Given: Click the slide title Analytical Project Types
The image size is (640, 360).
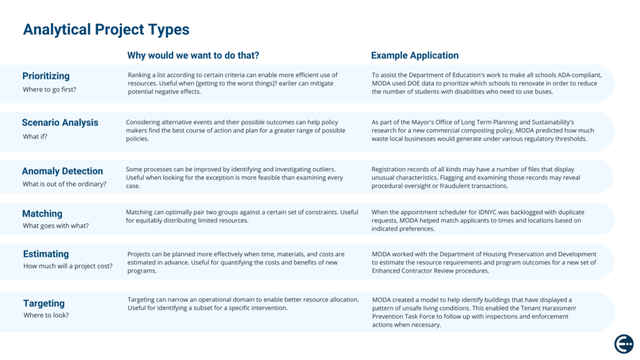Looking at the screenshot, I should click(106, 29).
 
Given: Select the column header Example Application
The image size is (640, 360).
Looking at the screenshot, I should click(414, 56).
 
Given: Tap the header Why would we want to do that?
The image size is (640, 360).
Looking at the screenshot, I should click(193, 56).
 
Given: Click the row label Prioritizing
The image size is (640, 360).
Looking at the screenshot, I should click(46, 76).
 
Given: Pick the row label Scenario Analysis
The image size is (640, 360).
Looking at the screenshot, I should click(60, 122).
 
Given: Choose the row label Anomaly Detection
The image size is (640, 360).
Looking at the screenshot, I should click(62, 171).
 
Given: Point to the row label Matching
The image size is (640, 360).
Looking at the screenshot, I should click(42, 213).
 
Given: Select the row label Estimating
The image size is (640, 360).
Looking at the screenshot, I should click(46, 254).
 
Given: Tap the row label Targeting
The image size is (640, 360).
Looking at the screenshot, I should click(44, 303).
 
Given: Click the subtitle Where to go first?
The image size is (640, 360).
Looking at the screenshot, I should click(49, 89).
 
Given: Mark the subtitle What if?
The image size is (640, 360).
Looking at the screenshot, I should click(36, 136).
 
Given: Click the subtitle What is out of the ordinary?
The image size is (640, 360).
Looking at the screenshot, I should click(64, 184).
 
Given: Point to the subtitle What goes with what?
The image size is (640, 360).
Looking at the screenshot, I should click(56, 226).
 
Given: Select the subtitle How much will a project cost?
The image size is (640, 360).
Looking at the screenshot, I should click(67, 266).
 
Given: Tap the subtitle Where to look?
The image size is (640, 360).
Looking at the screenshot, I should click(46, 315).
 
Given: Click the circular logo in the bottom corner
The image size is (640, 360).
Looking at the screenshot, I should click(624, 344).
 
